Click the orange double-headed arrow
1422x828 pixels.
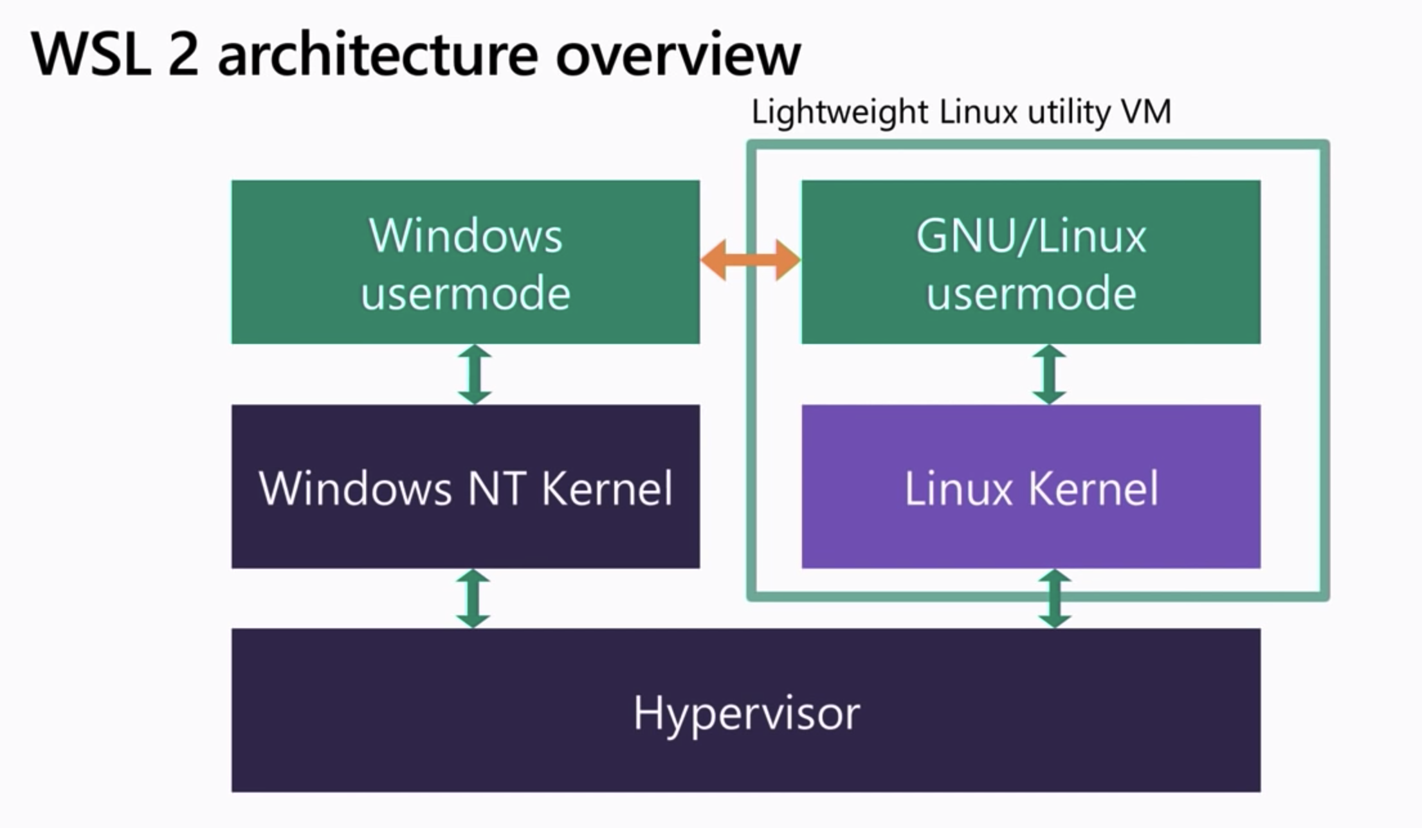pos(750,260)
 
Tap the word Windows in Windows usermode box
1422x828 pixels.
pos(466,236)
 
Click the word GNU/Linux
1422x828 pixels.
pos(1031,236)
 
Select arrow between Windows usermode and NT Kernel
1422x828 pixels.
pos(475,374)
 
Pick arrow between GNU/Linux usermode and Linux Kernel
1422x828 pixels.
pos(1049,374)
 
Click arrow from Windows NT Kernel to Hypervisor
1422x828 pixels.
pos(473,598)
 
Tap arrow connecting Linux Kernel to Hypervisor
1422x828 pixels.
pos(1055,598)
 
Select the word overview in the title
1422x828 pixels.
pos(678,55)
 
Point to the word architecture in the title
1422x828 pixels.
pos(378,55)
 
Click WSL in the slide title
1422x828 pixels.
pos(90,55)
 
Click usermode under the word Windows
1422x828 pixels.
pos(466,293)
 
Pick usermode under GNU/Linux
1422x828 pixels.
pos(1031,293)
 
